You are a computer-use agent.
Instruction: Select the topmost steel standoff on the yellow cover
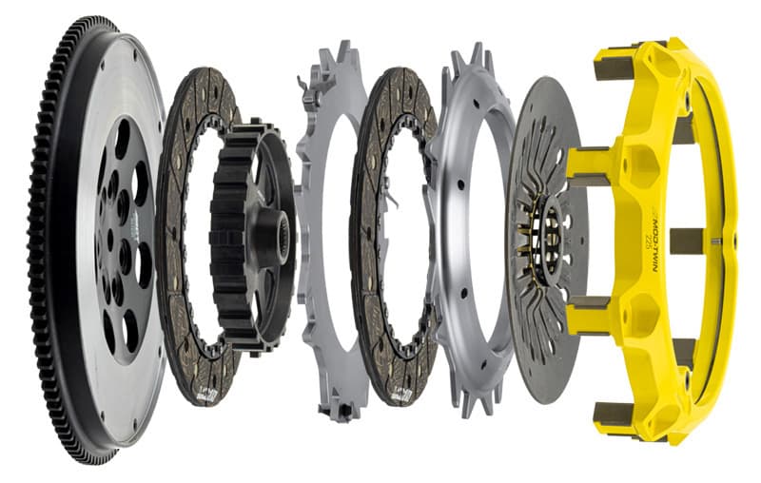coord(615,68)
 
